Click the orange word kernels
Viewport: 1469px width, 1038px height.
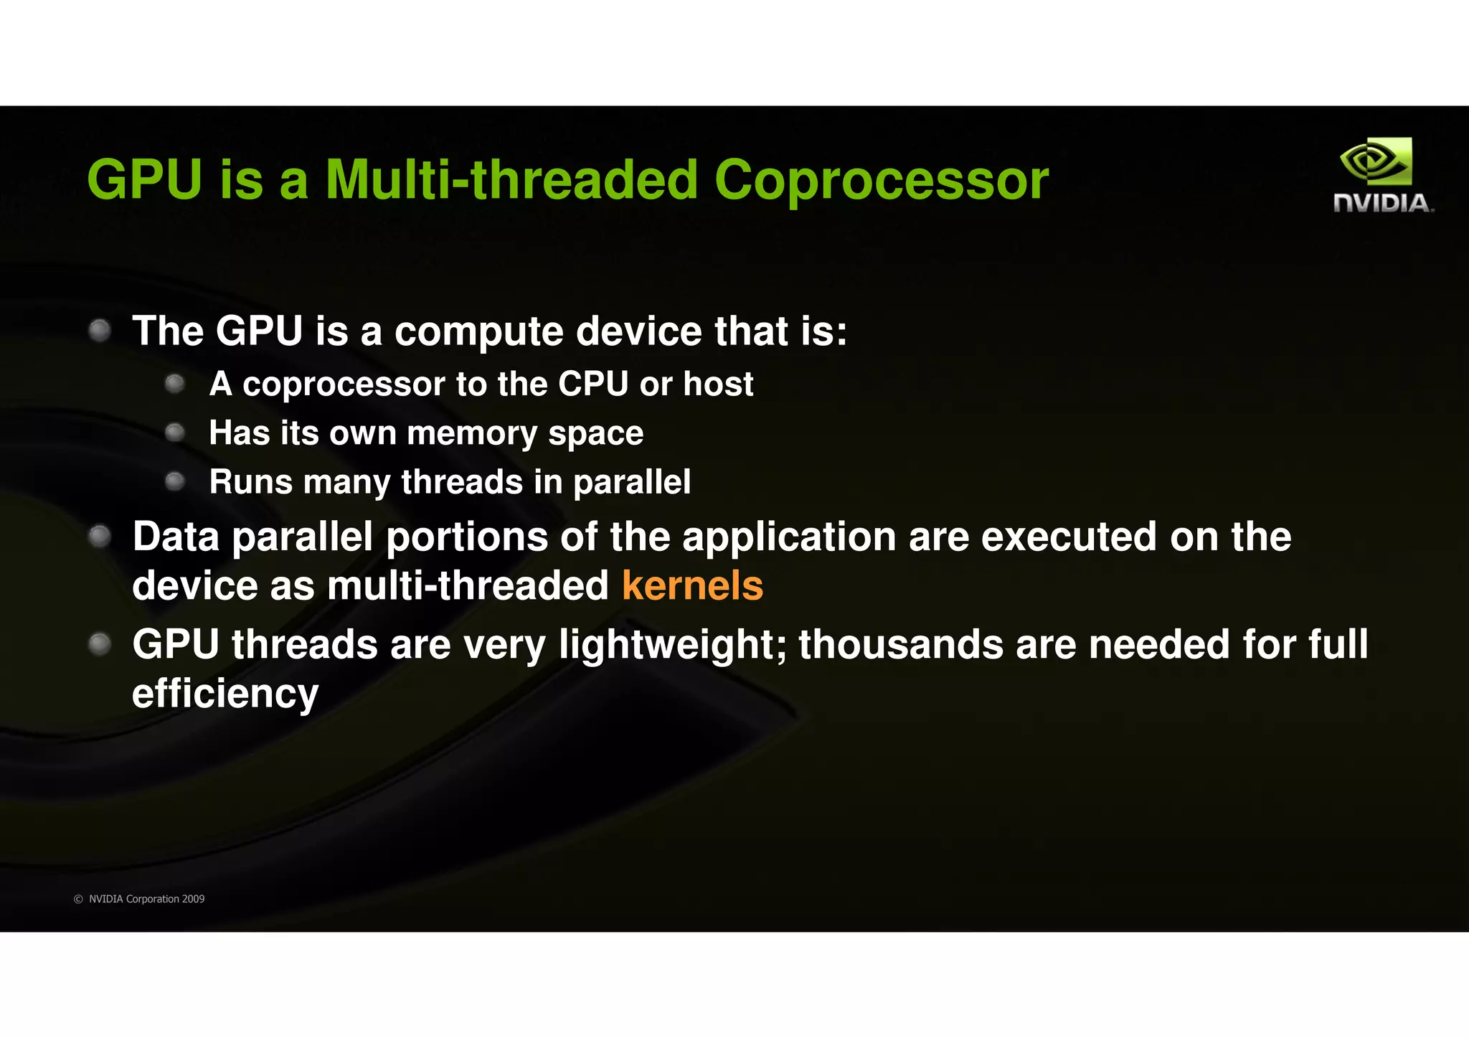coord(692,585)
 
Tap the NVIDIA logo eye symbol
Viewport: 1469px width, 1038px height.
coord(1374,162)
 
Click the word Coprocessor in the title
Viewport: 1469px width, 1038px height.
coord(881,179)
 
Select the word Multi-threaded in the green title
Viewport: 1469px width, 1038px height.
coord(511,179)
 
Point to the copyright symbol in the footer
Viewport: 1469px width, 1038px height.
coord(79,899)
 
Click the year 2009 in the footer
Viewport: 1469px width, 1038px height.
coord(193,899)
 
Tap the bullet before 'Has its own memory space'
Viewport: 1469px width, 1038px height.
coord(175,433)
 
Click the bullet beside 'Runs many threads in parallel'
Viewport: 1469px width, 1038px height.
coord(175,481)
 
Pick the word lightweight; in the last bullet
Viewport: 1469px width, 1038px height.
coord(674,644)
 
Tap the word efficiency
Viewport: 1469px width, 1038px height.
coord(225,694)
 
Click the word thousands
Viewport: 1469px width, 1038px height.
coord(901,644)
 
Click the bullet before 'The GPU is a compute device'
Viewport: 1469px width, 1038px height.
coord(100,331)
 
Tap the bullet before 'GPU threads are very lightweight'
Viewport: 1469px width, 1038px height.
coord(100,643)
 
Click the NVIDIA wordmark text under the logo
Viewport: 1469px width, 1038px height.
coord(1383,203)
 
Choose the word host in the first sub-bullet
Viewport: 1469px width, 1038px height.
coord(718,384)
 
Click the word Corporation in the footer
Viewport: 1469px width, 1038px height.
coord(152,899)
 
